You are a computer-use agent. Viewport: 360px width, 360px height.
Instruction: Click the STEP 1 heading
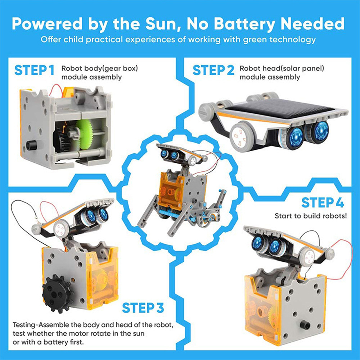click(34, 70)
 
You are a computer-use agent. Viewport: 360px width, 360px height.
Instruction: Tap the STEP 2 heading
click(213, 70)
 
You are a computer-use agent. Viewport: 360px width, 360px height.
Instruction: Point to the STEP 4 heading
click(322, 203)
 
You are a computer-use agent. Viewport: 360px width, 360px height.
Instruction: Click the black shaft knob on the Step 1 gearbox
click(32, 146)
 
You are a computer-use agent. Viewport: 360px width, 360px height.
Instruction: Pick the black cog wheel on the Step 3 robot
click(57, 293)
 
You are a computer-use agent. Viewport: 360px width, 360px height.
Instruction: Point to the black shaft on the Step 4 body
click(305, 325)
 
